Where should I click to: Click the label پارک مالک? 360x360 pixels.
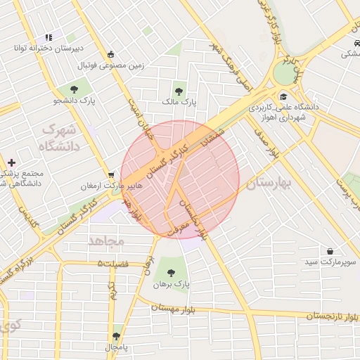click(180, 103)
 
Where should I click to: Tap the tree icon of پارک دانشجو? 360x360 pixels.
click(74, 89)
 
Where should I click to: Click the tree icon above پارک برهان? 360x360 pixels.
click(169, 271)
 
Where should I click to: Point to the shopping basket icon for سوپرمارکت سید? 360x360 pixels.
click(330, 251)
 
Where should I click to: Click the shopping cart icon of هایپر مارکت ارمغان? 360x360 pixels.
click(111, 174)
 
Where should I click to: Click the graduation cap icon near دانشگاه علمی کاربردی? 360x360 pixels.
click(283, 97)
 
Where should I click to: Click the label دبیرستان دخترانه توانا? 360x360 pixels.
click(49, 49)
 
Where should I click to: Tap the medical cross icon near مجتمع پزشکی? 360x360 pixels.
click(11, 162)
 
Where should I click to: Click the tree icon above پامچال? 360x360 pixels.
click(116, 336)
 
